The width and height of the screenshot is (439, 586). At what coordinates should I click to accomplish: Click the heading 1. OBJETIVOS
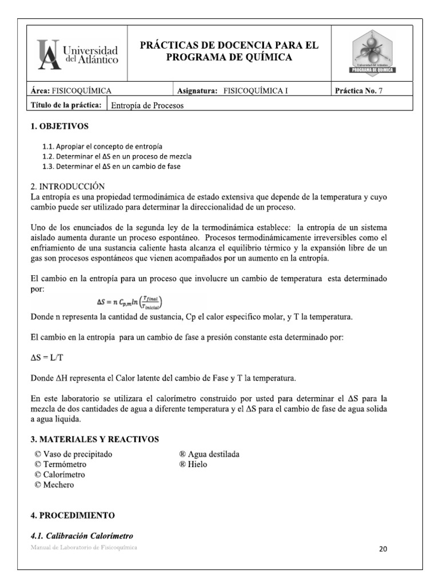click(59, 126)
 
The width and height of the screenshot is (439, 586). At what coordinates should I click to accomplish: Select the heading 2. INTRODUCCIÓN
click(68, 187)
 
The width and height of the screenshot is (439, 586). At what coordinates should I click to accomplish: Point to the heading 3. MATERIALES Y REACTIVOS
click(94, 439)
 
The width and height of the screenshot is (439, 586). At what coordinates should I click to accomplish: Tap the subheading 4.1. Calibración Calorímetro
click(82, 536)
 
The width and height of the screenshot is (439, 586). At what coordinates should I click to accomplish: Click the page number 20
click(383, 549)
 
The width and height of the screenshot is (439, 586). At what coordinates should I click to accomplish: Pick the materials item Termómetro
click(63, 464)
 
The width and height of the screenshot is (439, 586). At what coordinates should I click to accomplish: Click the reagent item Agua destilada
click(209, 454)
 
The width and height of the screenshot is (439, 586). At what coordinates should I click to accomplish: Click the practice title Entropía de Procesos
click(147, 105)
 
